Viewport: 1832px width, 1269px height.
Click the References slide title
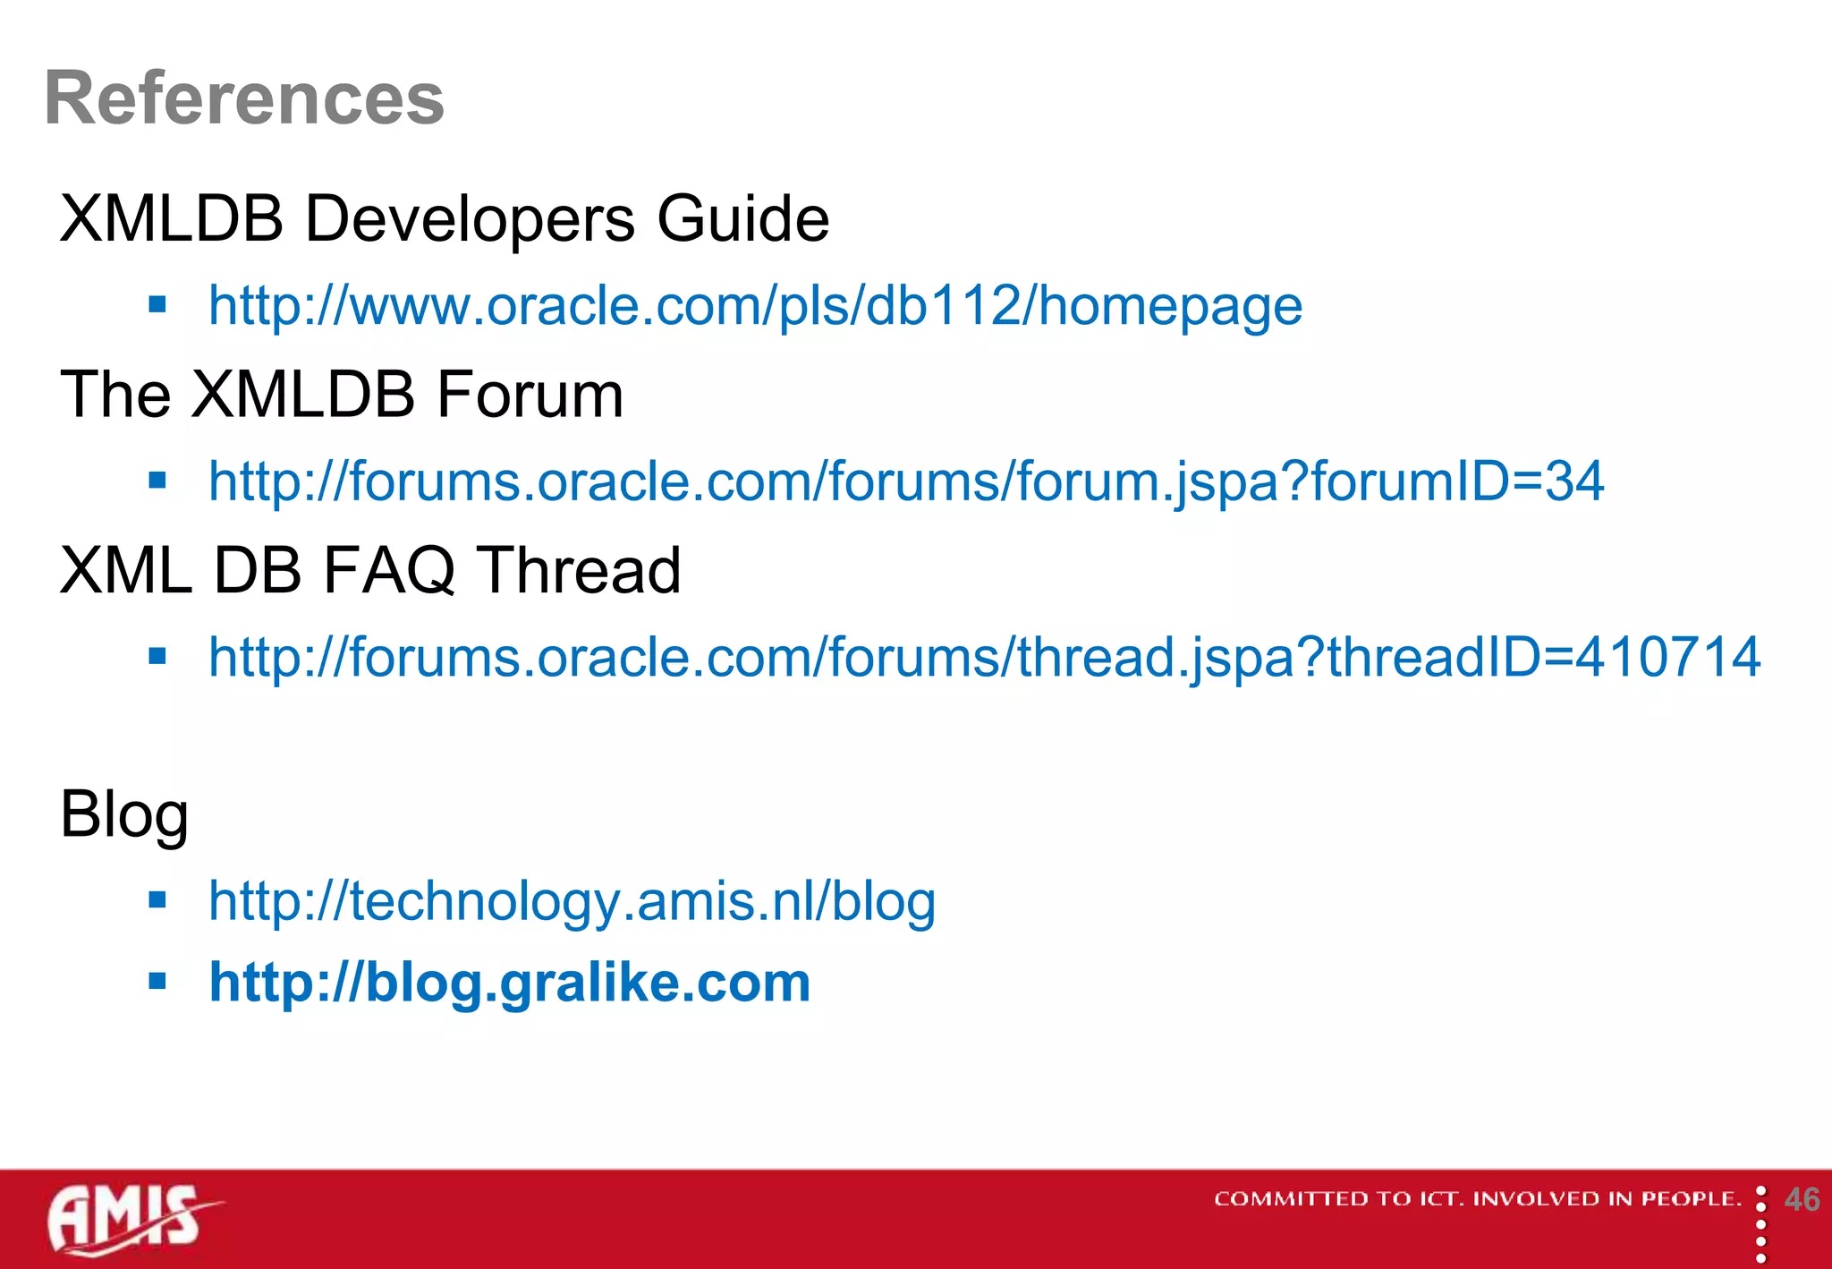[244, 98]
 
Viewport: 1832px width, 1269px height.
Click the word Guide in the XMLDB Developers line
[742, 218]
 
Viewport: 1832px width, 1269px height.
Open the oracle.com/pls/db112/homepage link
[755, 306]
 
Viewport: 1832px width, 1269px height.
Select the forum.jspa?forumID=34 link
[905, 481]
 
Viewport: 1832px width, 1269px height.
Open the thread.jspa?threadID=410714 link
[984, 657]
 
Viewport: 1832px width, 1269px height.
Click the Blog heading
[124, 813]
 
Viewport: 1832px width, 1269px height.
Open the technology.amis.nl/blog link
[572, 901]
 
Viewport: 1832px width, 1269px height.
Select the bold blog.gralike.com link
[509, 983]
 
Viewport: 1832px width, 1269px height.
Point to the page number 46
[1802, 1199]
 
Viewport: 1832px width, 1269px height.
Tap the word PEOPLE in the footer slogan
[1690, 1199]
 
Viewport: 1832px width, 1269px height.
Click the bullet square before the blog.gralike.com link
[158, 982]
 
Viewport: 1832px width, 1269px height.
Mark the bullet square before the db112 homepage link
[158, 305]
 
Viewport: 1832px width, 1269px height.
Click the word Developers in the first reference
[470, 218]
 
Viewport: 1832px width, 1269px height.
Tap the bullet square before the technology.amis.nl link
[158, 899]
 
